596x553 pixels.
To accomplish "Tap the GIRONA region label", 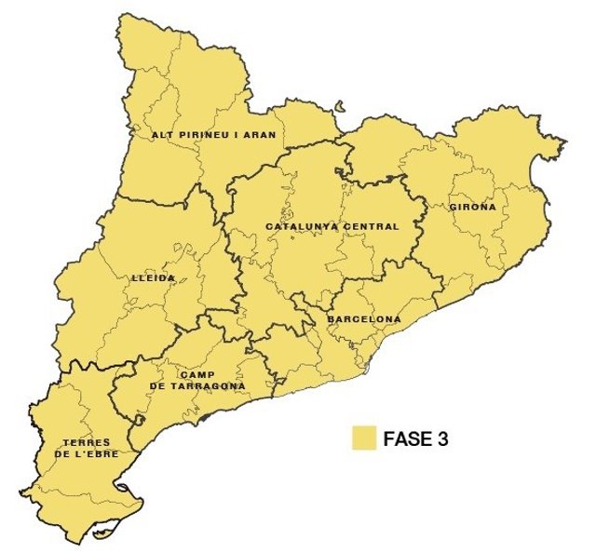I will coord(472,207).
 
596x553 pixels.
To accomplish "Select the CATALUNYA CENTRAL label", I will coord(332,226).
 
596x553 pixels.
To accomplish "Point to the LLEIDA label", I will coord(154,277).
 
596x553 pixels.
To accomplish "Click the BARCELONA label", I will coord(363,319).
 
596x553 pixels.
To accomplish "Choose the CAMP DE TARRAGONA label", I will coord(198,380).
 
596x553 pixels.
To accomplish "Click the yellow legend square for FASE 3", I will coord(363,438).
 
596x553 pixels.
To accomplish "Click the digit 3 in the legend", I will coord(442,439).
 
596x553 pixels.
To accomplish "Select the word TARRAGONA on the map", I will coord(210,385).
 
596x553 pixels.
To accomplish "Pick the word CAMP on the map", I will coord(197,374).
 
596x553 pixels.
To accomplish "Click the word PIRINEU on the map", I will coord(200,135).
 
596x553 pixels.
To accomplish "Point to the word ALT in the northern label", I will coord(162,135).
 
